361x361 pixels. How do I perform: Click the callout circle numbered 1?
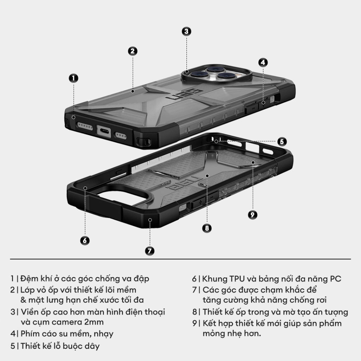pos(73,78)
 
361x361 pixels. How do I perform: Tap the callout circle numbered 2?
pos(132,51)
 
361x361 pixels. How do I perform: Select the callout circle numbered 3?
pos(186,31)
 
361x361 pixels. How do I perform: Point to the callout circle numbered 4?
pos(263,62)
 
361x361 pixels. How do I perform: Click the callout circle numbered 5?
pos(281,142)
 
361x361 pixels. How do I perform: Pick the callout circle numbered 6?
pos(84,240)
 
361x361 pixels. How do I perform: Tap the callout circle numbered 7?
pos(149,251)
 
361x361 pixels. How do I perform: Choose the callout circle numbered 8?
pos(207,228)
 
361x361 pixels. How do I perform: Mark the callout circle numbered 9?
pos(252,215)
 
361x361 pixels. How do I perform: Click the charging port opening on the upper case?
pos(104,130)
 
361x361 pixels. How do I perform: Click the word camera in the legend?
pos(66,322)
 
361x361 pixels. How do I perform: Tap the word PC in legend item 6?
pos(335,279)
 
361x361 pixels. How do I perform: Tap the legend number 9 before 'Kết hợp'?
pos(194,323)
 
